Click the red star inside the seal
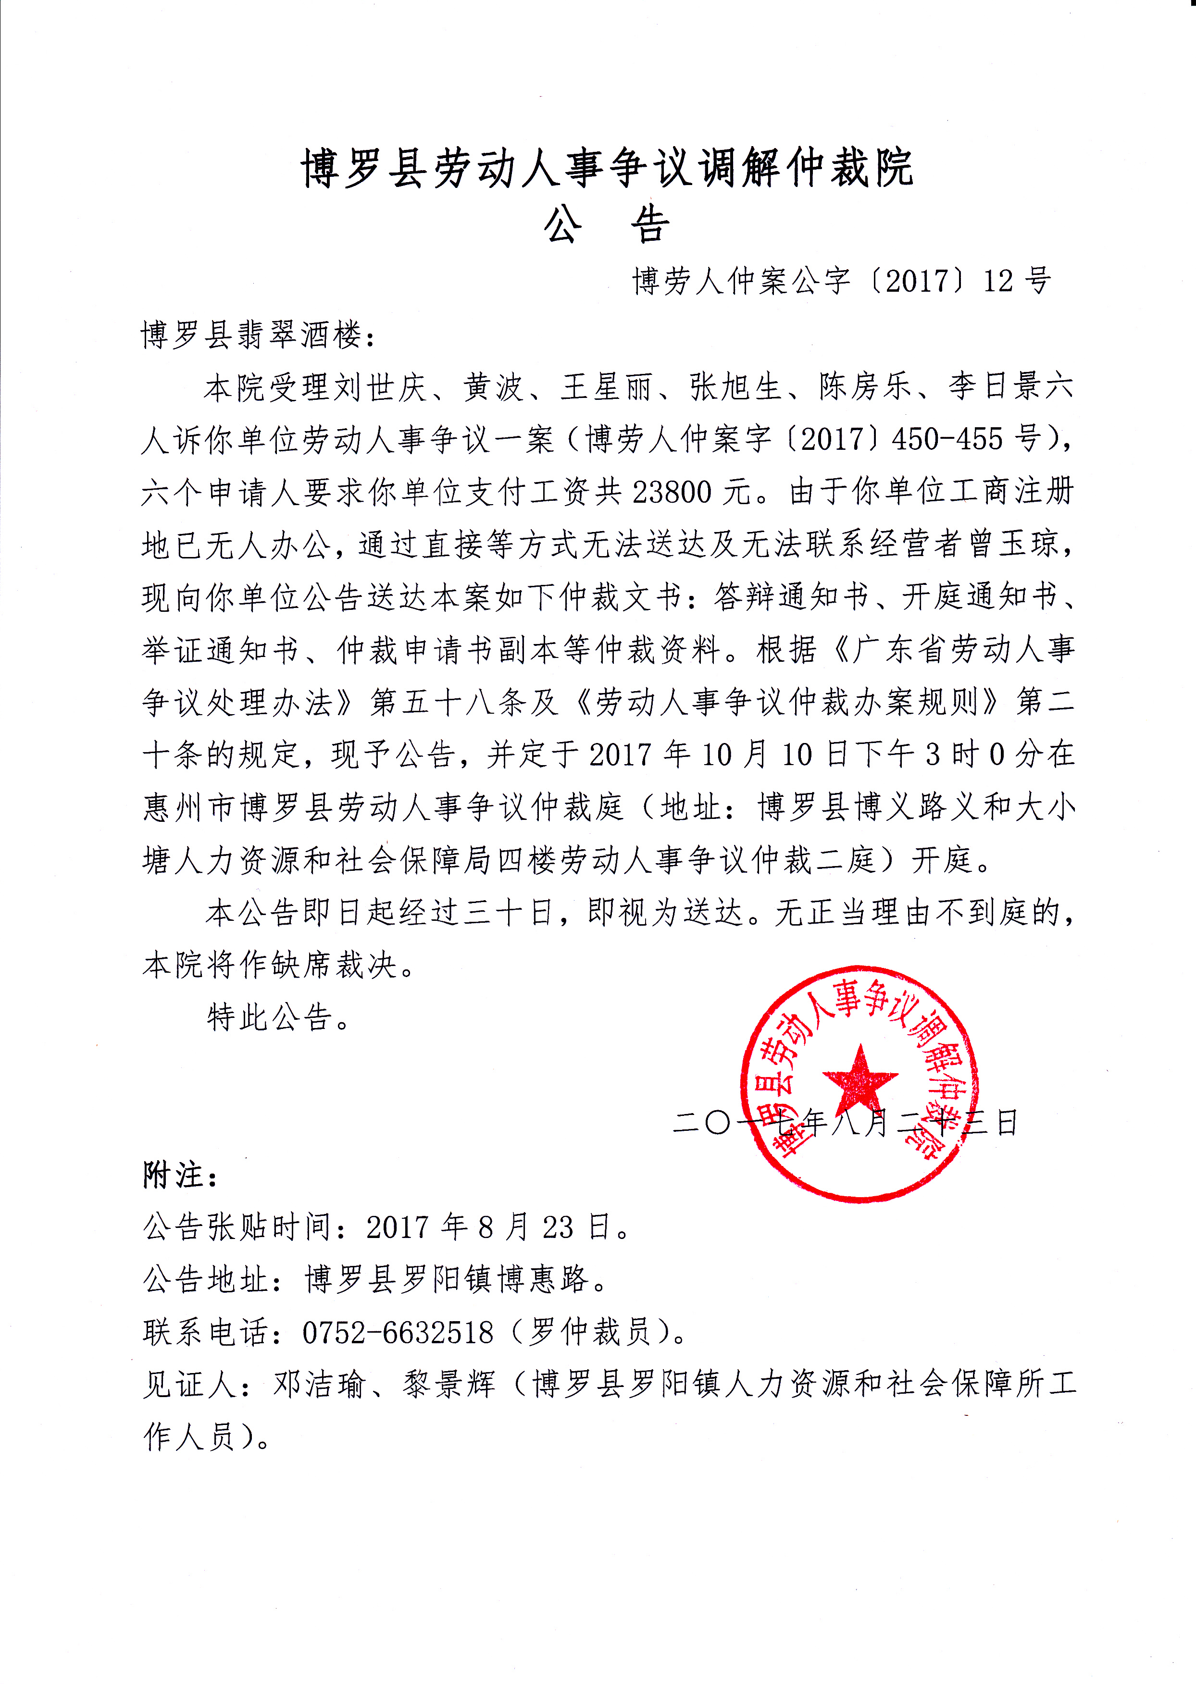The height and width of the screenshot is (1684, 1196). (x=860, y=1079)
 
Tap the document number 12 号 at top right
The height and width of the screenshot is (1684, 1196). (x=1016, y=281)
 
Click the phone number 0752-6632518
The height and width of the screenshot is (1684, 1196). (x=398, y=1333)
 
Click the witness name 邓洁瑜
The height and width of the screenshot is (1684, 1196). (x=320, y=1385)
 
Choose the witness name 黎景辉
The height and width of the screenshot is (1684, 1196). (x=449, y=1385)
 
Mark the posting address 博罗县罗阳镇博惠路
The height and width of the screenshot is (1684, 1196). (x=446, y=1280)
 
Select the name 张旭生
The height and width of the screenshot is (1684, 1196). (x=735, y=387)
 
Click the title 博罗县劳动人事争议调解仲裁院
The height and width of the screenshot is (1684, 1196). (x=607, y=168)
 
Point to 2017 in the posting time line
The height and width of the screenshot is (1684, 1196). (x=398, y=1227)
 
